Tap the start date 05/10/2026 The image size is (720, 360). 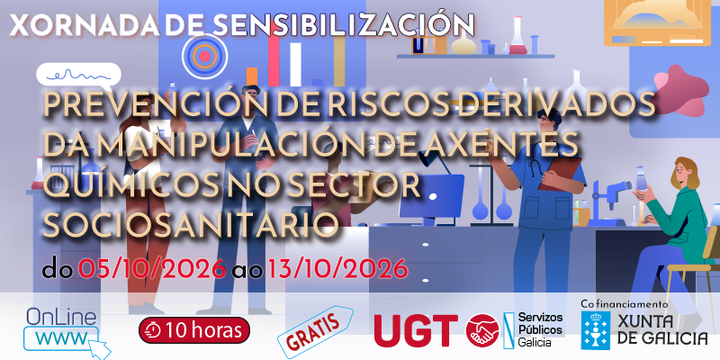152,269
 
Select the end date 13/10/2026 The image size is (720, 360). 338,269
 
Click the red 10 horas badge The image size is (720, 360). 194,329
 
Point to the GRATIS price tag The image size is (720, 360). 315,331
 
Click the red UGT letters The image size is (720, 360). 416,330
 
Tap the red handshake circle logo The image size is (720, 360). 482,329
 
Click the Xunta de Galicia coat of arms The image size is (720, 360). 596,330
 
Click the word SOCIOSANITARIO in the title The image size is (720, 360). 191,226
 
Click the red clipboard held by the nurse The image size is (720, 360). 559,174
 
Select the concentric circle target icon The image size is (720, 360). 205,57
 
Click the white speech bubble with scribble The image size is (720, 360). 78,76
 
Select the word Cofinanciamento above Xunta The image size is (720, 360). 624,304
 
